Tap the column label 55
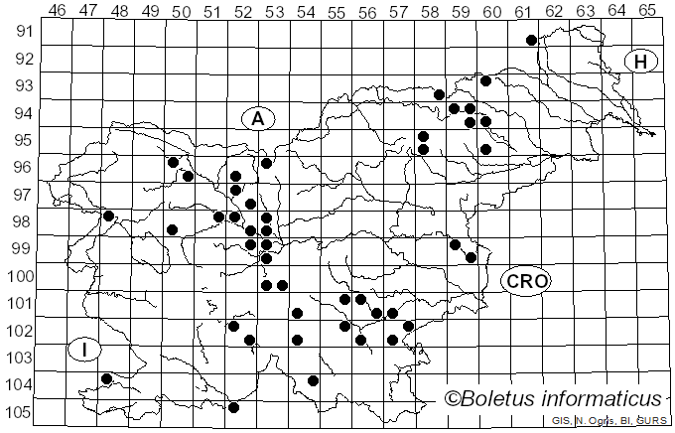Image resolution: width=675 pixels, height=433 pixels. coord(337,10)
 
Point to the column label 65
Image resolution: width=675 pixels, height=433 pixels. coord(647,10)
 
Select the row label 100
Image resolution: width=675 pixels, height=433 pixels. coord(21,275)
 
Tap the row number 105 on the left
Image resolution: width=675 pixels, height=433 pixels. coord(21,412)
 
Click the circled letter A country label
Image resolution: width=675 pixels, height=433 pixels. coord(257,119)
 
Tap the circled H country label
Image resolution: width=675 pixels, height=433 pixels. coord(641,62)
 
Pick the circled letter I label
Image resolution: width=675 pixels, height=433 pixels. coord(85,350)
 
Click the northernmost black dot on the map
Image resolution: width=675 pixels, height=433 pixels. coord(531,40)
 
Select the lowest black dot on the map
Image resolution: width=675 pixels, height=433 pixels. coord(233,407)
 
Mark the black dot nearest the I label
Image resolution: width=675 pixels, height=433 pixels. coord(106,378)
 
